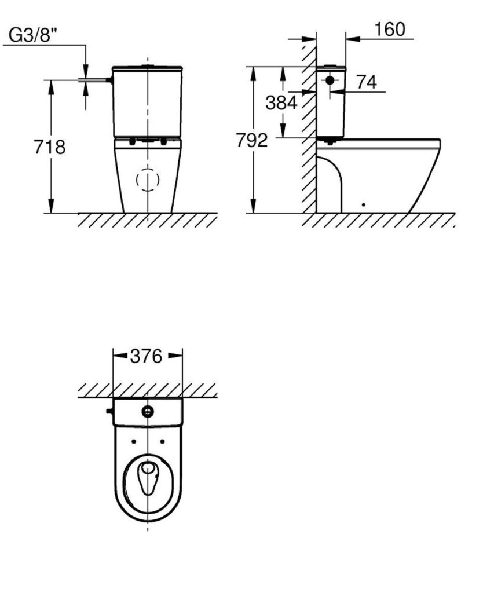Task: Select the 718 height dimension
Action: click(50, 147)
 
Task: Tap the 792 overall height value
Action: click(252, 140)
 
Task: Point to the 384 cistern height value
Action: click(281, 103)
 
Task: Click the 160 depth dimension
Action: click(390, 30)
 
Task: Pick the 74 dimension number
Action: click(367, 82)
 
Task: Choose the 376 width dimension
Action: click(146, 356)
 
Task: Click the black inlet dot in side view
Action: click(330, 80)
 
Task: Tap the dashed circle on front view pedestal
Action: click(148, 180)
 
